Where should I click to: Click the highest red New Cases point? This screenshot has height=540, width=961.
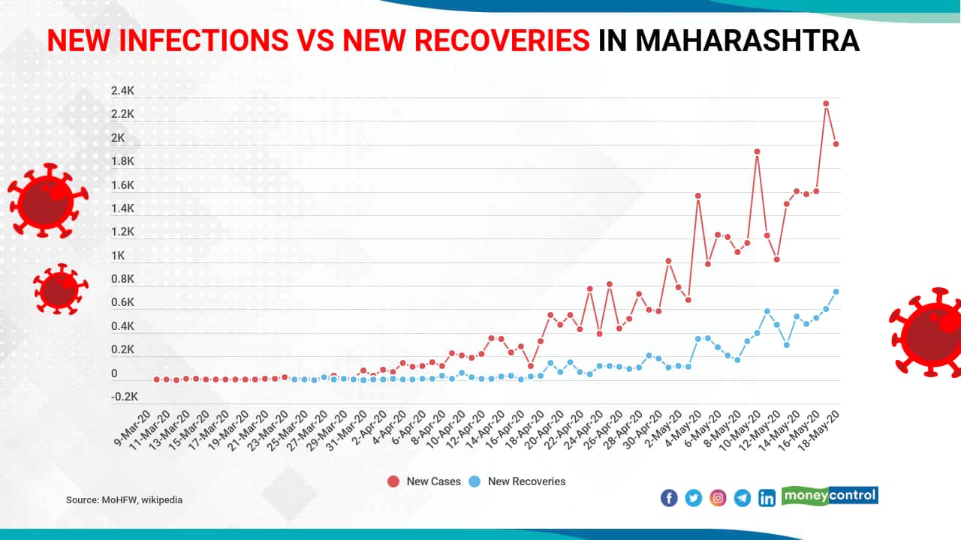826,103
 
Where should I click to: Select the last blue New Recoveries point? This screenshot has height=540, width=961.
836,292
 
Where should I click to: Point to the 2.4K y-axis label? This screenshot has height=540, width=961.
123,91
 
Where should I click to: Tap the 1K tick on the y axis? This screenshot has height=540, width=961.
118,256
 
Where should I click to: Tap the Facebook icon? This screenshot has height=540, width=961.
669,498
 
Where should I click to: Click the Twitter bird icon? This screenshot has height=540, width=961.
693,498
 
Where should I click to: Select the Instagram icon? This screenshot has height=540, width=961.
718,498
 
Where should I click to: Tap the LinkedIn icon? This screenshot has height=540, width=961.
767,498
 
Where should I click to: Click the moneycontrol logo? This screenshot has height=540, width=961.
830,496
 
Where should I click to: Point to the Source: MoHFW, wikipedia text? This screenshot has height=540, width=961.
124,499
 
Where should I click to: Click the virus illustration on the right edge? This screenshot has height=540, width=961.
928,331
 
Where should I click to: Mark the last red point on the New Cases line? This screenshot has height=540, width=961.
836,144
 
